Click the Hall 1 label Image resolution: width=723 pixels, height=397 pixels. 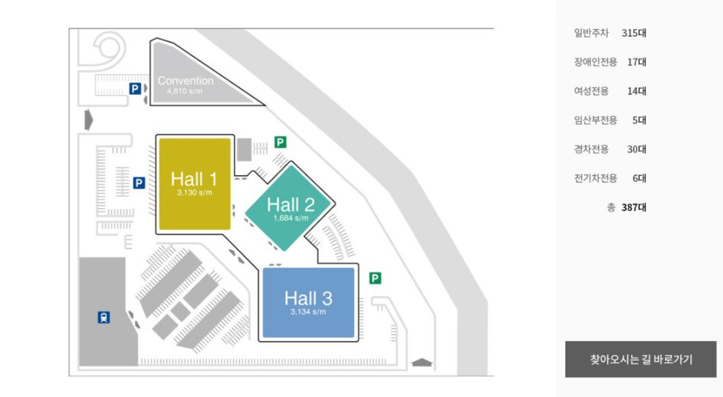click(x=194, y=179)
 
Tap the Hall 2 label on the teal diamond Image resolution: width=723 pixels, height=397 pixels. click(x=291, y=204)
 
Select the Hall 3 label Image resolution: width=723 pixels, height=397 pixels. click(x=308, y=298)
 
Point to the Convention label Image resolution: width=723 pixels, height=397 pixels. click(x=186, y=80)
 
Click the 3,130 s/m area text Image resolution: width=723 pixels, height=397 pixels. click(x=195, y=193)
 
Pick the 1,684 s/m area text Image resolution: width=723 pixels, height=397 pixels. click(x=291, y=218)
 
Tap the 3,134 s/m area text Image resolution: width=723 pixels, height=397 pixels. click(x=308, y=312)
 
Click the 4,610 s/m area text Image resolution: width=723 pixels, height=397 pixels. click(x=184, y=91)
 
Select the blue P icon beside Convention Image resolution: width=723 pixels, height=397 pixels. click(x=135, y=89)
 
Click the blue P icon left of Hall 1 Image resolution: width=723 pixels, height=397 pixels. click(x=139, y=183)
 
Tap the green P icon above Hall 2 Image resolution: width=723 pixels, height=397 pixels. click(x=280, y=142)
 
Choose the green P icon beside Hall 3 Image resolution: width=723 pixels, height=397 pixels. click(x=375, y=278)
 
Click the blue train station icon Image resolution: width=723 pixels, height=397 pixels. click(x=104, y=317)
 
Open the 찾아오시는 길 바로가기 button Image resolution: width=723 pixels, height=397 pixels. click(x=641, y=359)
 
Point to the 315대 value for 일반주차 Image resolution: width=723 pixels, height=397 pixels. click(x=634, y=33)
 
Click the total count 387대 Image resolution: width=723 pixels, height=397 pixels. click(x=634, y=207)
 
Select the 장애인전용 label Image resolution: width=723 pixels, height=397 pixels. click(x=595, y=62)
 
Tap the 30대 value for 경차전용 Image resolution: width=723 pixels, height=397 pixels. click(x=637, y=149)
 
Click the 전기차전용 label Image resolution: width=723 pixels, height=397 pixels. click(x=595, y=178)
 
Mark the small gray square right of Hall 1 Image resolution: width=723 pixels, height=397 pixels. click(x=244, y=150)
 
